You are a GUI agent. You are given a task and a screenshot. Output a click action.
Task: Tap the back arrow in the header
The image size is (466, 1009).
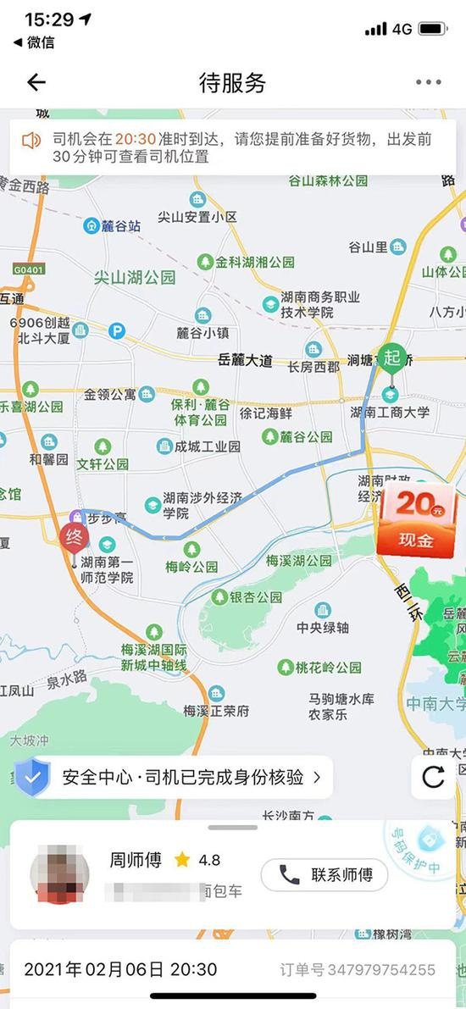36,82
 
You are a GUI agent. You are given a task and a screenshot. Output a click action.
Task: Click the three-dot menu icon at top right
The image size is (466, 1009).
428,82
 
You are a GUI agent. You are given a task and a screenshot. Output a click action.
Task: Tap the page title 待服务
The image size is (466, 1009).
232,82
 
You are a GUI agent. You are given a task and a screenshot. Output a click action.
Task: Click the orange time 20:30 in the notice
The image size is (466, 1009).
134,139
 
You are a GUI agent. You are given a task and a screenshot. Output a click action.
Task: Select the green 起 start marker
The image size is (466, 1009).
391,357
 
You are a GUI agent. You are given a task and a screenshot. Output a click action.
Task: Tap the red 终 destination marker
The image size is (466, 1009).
73,536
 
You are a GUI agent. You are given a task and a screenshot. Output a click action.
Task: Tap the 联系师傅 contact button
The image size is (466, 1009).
324,875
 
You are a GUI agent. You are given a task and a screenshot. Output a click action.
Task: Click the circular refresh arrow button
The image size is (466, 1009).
433,777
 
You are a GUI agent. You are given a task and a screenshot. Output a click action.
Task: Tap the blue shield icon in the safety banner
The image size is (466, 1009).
32,777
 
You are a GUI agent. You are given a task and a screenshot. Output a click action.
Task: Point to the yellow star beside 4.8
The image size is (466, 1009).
182,860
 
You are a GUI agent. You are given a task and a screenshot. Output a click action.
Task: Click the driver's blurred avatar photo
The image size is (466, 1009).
60,877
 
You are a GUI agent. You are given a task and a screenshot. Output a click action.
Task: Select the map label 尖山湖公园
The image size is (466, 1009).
135,277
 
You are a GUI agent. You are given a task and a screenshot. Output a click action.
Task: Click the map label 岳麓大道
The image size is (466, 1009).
245,360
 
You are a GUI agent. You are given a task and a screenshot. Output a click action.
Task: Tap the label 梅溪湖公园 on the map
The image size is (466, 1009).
299,561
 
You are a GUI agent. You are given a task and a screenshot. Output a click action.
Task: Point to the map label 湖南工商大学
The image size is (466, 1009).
390,413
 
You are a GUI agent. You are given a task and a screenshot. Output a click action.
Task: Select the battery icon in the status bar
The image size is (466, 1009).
432,29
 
